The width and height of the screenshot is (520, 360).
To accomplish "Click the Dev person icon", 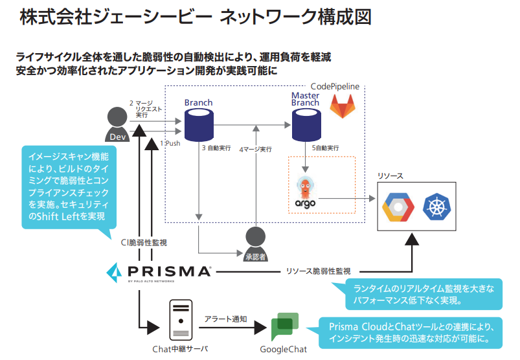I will pos(118,124).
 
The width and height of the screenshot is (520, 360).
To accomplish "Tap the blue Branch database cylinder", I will pos(199,124).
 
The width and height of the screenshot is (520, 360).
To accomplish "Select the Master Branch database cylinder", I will pos(305,124).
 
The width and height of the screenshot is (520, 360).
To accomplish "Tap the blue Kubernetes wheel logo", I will pos(437,207).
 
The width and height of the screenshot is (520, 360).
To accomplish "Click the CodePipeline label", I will pos(335,86).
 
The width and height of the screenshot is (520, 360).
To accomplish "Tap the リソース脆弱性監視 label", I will pos(318,271).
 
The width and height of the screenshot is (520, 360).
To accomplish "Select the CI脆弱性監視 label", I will pos(144,242).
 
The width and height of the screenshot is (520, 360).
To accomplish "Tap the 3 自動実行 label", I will pos(217,148).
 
